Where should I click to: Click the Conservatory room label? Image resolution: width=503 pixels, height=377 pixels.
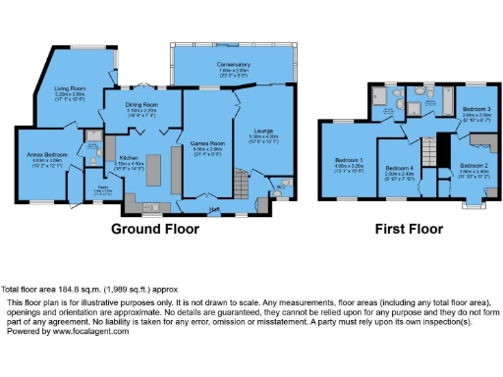[234, 67]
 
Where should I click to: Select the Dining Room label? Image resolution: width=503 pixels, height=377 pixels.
[142, 107]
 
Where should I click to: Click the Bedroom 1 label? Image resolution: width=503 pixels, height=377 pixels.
[349, 161]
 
